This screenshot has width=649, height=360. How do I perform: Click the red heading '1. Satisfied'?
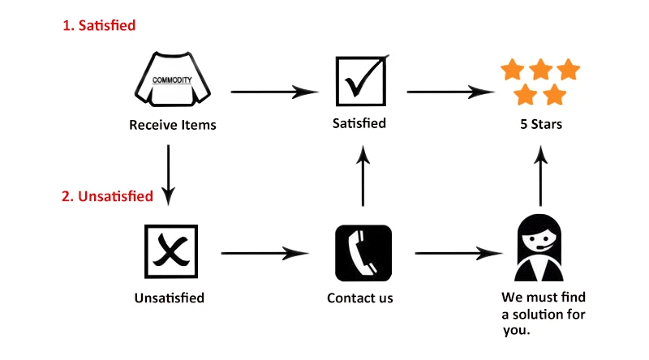click(x=99, y=25)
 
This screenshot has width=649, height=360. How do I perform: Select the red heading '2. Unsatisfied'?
click(x=108, y=196)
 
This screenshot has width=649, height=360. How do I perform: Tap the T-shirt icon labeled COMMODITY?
click(x=173, y=79)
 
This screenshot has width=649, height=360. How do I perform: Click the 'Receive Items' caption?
click(x=173, y=125)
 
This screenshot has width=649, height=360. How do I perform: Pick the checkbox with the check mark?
click(x=361, y=81)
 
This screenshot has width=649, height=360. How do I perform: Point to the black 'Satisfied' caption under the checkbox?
click(x=359, y=123)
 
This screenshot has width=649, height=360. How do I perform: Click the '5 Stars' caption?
click(x=541, y=124)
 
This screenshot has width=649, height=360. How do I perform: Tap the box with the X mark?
click(x=171, y=251)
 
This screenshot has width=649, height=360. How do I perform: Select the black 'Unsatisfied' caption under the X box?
click(x=170, y=298)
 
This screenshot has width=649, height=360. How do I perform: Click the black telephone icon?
click(x=363, y=253)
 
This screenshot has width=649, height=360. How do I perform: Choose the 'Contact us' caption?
click(x=360, y=298)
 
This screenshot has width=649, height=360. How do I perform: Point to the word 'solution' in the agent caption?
click(x=539, y=315)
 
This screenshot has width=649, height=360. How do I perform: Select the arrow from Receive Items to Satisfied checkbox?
click(x=275, y=92)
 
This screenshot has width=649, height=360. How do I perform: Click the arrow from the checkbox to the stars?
click(x=451, y=92)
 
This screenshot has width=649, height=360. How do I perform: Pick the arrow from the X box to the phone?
click(x=265, y=253)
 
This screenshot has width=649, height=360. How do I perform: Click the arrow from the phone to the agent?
click(x=459, y=253)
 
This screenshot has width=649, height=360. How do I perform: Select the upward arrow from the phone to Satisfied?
click(x=363, y=175)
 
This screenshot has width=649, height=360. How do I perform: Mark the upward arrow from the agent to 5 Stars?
click(x=540, y=175)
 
